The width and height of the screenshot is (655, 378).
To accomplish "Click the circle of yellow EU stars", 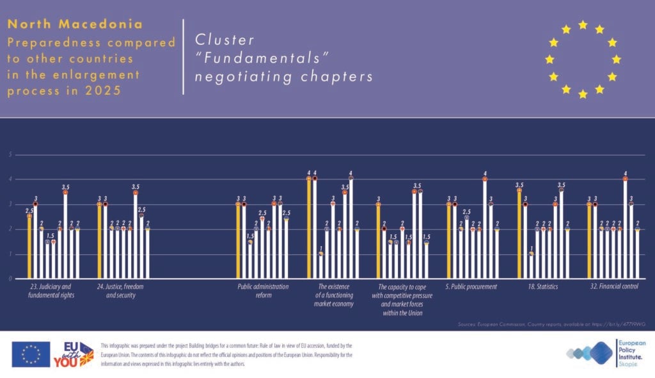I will [x=582, y=59].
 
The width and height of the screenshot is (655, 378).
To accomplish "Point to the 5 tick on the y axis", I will [x=10, y=154].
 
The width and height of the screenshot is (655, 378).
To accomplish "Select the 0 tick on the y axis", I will [x=10, y=279].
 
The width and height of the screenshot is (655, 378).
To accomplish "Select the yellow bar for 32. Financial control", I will [x=589, y=240].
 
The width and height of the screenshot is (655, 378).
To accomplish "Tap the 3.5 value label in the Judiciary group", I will [x=65, y=187].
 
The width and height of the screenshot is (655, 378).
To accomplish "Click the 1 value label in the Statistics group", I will [x=531, y=248].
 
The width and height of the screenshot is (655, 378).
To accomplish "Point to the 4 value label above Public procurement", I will [x=485, y=174].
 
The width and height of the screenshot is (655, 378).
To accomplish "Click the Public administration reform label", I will [x=263, y=291].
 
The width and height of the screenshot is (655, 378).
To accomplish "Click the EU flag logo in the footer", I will [x=31, y=354].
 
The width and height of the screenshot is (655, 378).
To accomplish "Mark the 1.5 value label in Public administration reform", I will [x=250, y=236].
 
